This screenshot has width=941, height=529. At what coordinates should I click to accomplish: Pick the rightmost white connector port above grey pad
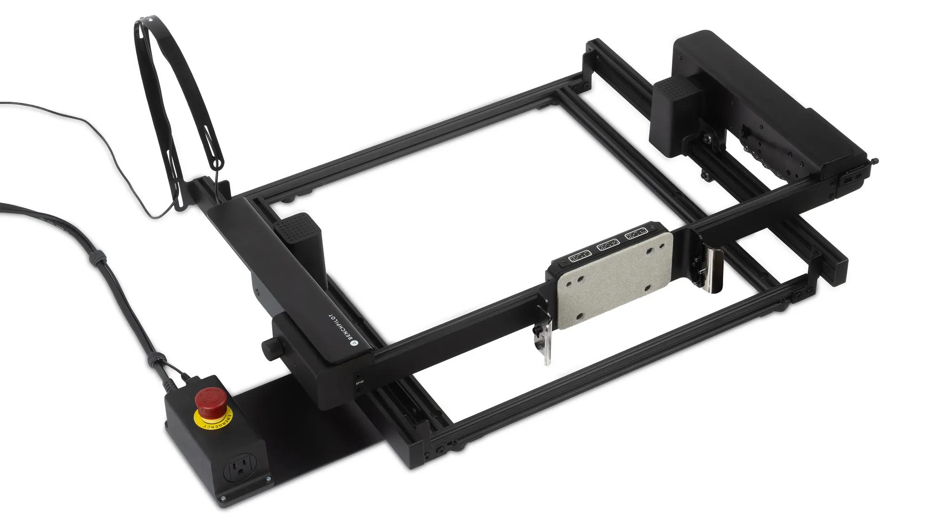pos(636,234)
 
